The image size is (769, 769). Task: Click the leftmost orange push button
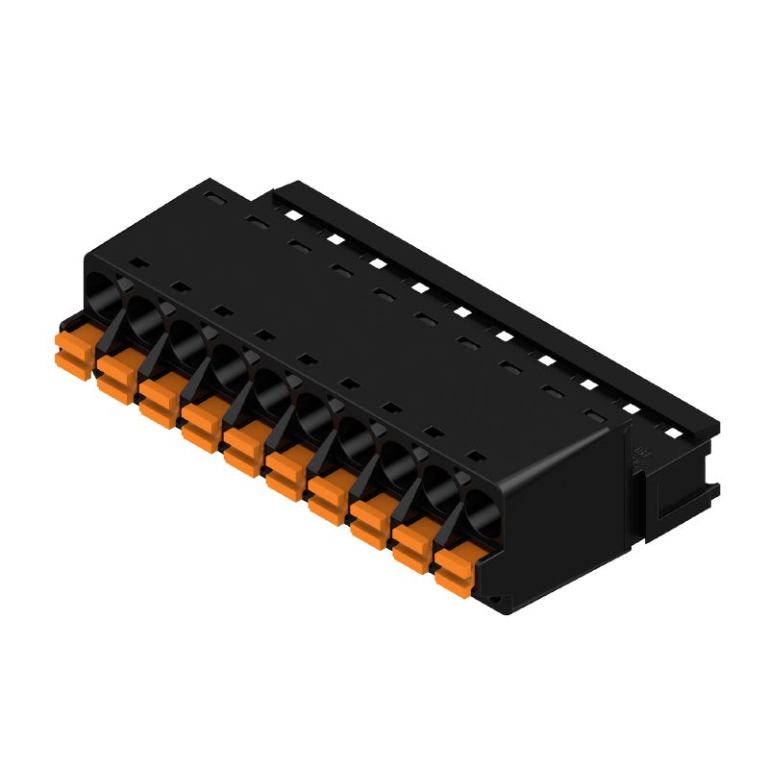73,349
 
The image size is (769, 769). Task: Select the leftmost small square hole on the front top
136,261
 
